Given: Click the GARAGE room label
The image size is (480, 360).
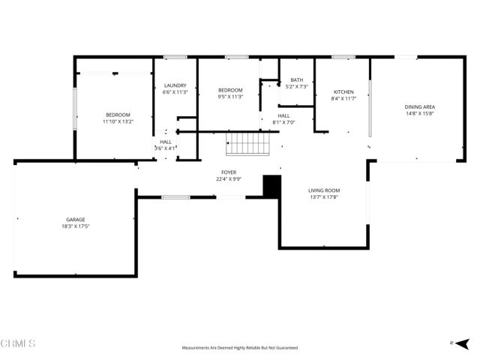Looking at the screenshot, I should (74, 220).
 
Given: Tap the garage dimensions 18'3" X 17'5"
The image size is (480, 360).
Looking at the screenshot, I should (74, 226).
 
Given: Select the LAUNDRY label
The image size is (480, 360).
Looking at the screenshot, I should (175, 85).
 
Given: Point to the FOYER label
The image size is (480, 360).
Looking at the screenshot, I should (229, 172).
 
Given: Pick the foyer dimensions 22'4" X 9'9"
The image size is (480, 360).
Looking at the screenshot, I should (229, 179).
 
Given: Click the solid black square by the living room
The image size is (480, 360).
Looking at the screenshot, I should (271, 186).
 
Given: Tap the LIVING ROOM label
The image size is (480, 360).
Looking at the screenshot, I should (324, 190).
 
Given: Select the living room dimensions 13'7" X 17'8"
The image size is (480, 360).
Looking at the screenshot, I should (324, 197).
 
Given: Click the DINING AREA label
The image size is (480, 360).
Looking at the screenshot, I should (420, 107).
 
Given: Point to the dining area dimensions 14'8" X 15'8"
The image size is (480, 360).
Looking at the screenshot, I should (420, 114).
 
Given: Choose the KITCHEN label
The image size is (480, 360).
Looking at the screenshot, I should (343, 91).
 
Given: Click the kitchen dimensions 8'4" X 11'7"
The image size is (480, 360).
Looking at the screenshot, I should (343, 98).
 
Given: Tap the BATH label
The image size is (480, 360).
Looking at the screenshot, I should (297, 79).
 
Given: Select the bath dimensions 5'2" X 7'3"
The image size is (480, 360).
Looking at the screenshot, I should (297, 87).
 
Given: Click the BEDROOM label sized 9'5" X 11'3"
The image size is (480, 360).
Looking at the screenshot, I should (230, 89).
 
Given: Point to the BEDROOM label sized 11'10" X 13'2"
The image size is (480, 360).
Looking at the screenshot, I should (118, 114).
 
